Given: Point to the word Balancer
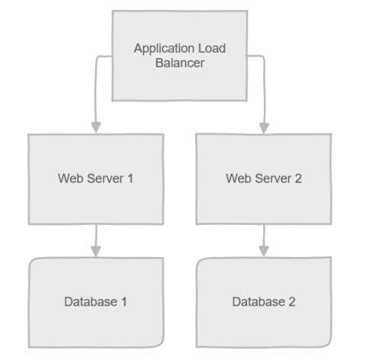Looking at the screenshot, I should point(179,63).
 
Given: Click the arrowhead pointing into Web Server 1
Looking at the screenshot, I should point(95,127).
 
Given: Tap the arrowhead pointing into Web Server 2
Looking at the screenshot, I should point(263,127).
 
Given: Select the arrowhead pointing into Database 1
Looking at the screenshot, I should point(95,250).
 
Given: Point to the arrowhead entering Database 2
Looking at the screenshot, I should point(263,250).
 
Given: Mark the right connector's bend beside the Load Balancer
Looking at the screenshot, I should point(263,56).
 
